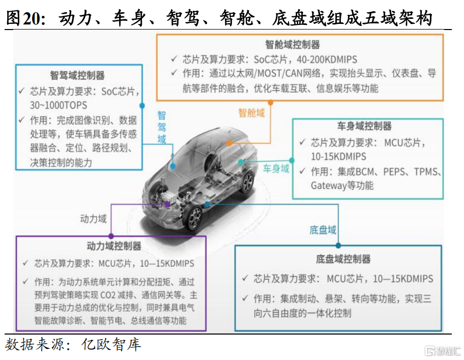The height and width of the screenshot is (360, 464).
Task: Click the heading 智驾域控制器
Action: point(77,75)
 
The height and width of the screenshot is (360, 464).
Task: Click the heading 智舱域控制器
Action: point(293,45)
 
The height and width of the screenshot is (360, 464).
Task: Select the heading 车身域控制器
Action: point(364,126)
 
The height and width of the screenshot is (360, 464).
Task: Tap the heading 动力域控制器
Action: point(114,246)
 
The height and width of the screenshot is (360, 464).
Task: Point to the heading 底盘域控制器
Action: point(343,259)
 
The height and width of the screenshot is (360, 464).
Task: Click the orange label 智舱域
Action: point(251,113)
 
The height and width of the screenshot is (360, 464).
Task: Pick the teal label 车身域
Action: point(276,169)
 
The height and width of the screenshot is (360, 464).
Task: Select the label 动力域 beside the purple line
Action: point(93,219)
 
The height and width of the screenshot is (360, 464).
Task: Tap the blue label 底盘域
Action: point(323,230)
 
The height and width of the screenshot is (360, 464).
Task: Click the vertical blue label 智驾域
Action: point(162,127)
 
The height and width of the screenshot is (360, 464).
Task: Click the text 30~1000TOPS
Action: point(59,105)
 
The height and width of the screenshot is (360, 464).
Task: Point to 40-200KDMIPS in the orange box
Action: point(327,60)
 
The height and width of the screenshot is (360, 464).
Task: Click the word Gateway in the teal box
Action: point(325,186)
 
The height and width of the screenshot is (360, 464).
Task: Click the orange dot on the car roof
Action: point(229,144)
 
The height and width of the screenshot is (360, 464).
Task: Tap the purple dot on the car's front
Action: point(167,204)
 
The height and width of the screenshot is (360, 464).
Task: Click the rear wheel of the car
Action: point(248,181)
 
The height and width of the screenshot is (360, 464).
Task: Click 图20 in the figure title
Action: point(25,18)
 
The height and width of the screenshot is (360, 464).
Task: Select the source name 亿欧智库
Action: point(111,345)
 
